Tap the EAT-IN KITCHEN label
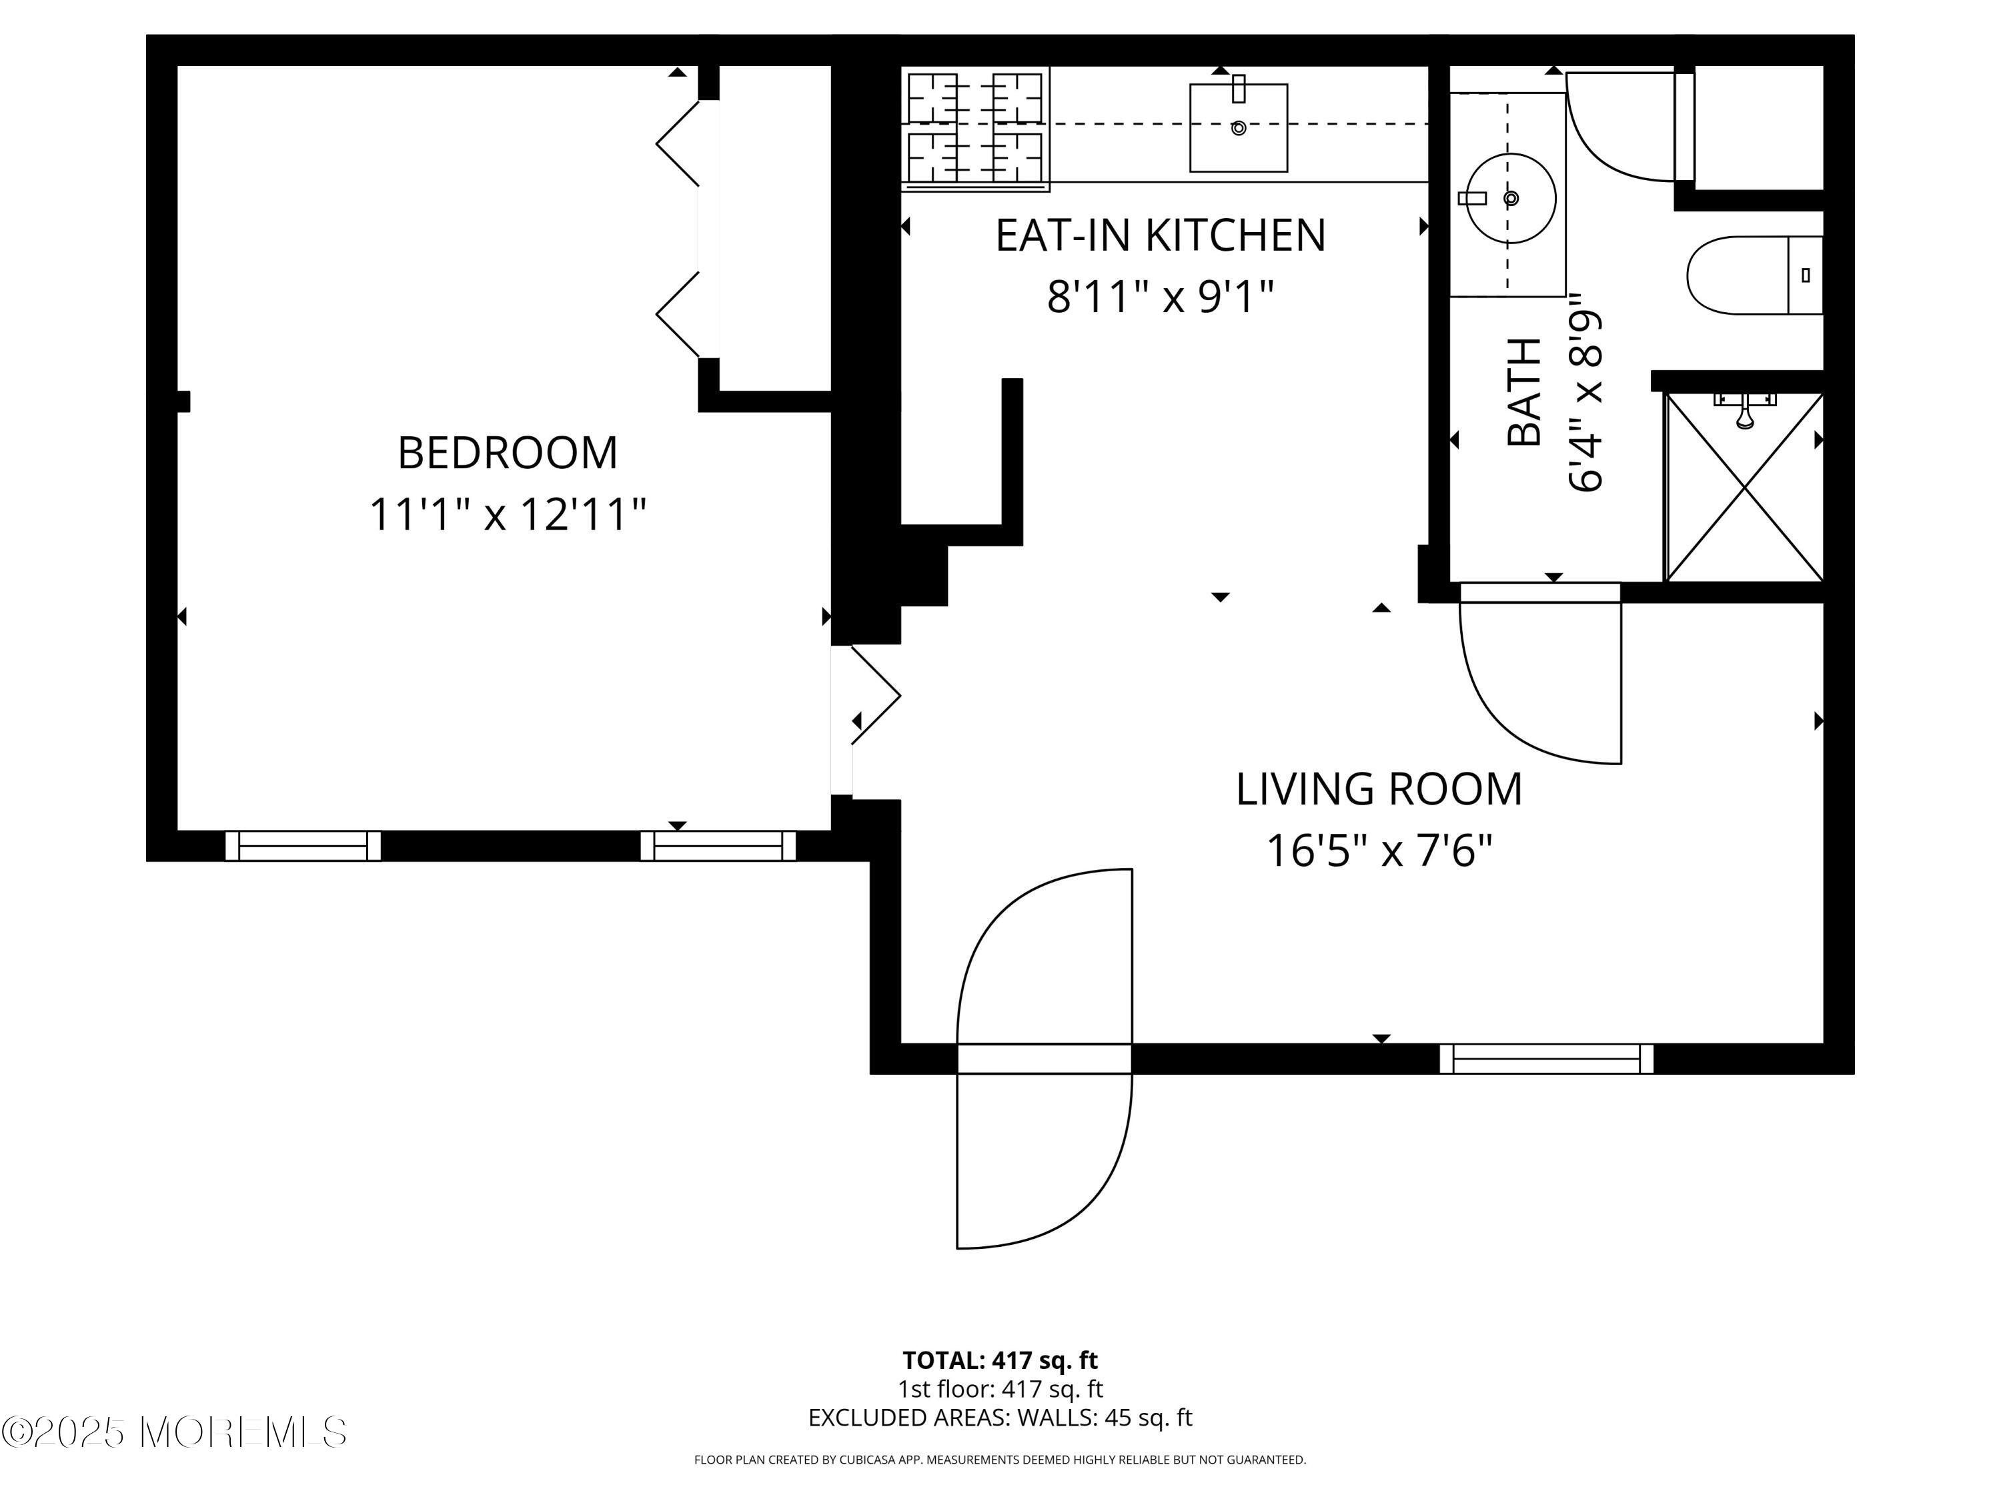point(1160,235)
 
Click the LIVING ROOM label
point(1379,789)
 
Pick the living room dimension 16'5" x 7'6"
point(1379,851)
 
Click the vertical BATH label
point(1525,392)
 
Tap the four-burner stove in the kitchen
point(975,129)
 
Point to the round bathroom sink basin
point(1510,198)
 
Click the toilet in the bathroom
point(1750,275)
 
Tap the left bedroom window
point(302,846)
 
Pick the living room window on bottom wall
point(1546,1059)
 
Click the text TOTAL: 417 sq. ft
point(1000,1360)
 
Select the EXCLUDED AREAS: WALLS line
point(1000,1418)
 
